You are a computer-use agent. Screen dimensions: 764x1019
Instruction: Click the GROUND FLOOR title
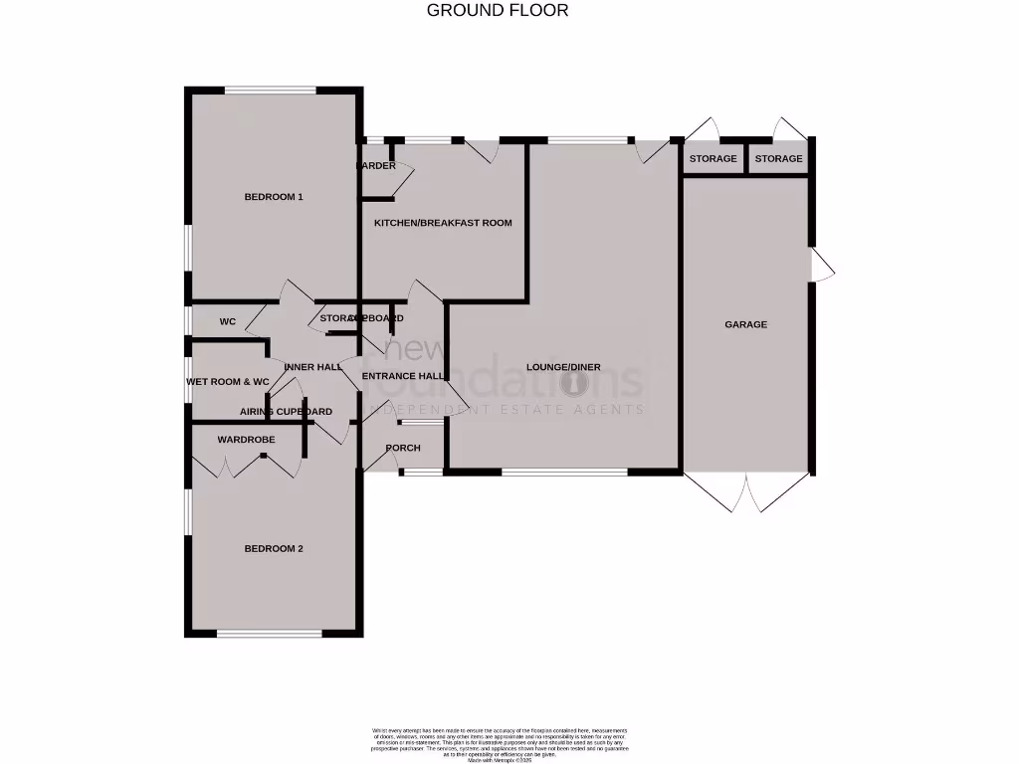pyautogui.click(x=498, y=11)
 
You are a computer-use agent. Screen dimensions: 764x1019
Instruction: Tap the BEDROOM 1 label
pyautogui.click(x=274, y=197)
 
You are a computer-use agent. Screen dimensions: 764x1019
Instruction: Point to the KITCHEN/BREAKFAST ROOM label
pyautogui.click(x=443, y=223)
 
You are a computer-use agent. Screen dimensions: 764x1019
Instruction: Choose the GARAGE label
pyautogui.click(x=745, y=324)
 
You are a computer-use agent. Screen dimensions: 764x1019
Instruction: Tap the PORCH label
pyautogui.click(x=403, y=448)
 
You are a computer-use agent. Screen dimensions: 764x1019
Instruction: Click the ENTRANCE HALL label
pyautogui.click(x=402, y=376)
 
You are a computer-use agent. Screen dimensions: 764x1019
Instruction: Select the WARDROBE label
pyautogui.click(x=246, y=439)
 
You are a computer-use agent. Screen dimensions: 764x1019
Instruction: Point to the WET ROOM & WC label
pyautogui.click(x=228, y=382)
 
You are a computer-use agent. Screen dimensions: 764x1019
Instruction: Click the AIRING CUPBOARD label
pyautogui.click(x=286, y=411)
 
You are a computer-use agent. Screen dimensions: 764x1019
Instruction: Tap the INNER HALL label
pyautogui.click(x=312, y=367)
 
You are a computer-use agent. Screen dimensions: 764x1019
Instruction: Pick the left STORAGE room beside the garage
pyautogui.click(x=713, y=159)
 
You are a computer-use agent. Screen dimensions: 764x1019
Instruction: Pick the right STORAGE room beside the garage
pyautogui.click(x=778, y=159)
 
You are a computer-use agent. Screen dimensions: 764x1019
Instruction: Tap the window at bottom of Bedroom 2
pyautogui.click(x=270, y=633)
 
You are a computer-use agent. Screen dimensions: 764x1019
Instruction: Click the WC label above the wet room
pyautogui.click(x=228, y=322)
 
